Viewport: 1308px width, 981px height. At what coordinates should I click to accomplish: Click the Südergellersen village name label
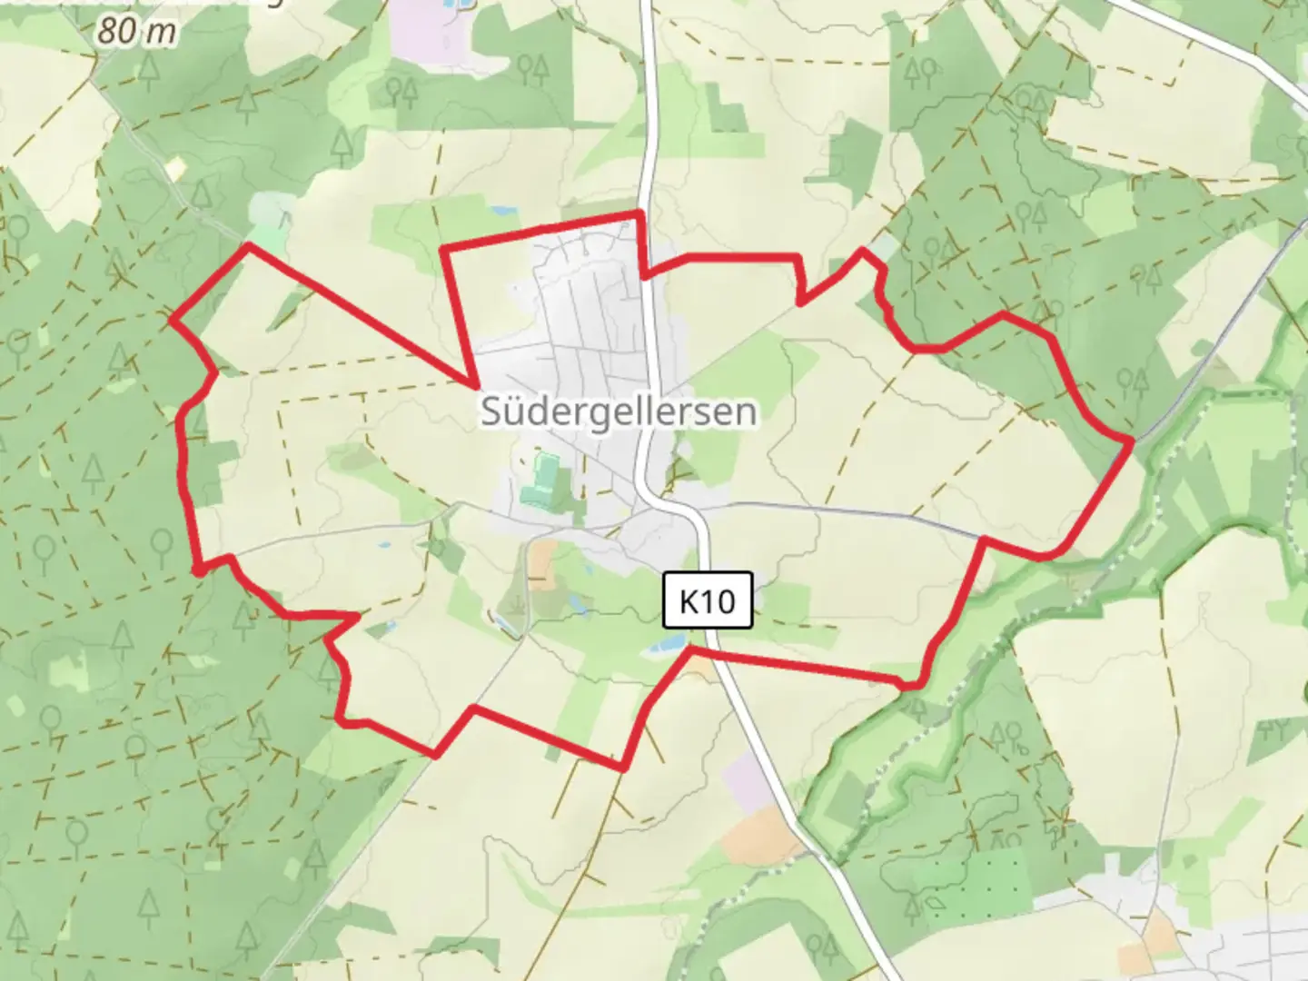tap(618, 411)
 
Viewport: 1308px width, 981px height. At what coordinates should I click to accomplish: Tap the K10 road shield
tap(708, 600)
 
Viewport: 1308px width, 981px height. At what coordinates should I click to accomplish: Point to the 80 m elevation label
tap(136, 32)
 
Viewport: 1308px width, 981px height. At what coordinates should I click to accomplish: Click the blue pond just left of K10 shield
tap(665, 646)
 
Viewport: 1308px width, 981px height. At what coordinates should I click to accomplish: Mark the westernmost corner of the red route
tap(172, 319)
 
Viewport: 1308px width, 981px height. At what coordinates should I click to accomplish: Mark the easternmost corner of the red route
tap(1133, 441)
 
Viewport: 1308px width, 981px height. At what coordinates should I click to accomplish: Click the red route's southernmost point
tap(623, 768)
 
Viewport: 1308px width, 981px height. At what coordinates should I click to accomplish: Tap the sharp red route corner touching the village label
tap(475, 385)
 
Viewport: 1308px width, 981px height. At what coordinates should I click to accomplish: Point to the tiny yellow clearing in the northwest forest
tap(174, 167)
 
